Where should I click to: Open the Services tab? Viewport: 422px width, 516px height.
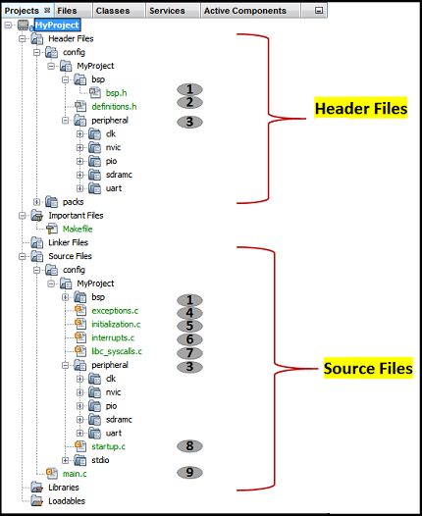tap(168, 11)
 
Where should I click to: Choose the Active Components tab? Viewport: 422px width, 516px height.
tap(244, 11)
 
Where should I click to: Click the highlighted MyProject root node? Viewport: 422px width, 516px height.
tap(58, 24)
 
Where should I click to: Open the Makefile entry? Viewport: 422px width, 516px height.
tap(78, 229)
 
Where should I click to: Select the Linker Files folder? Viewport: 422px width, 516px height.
tap(68, 242)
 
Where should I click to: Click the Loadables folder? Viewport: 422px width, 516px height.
tap(66, 500)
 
